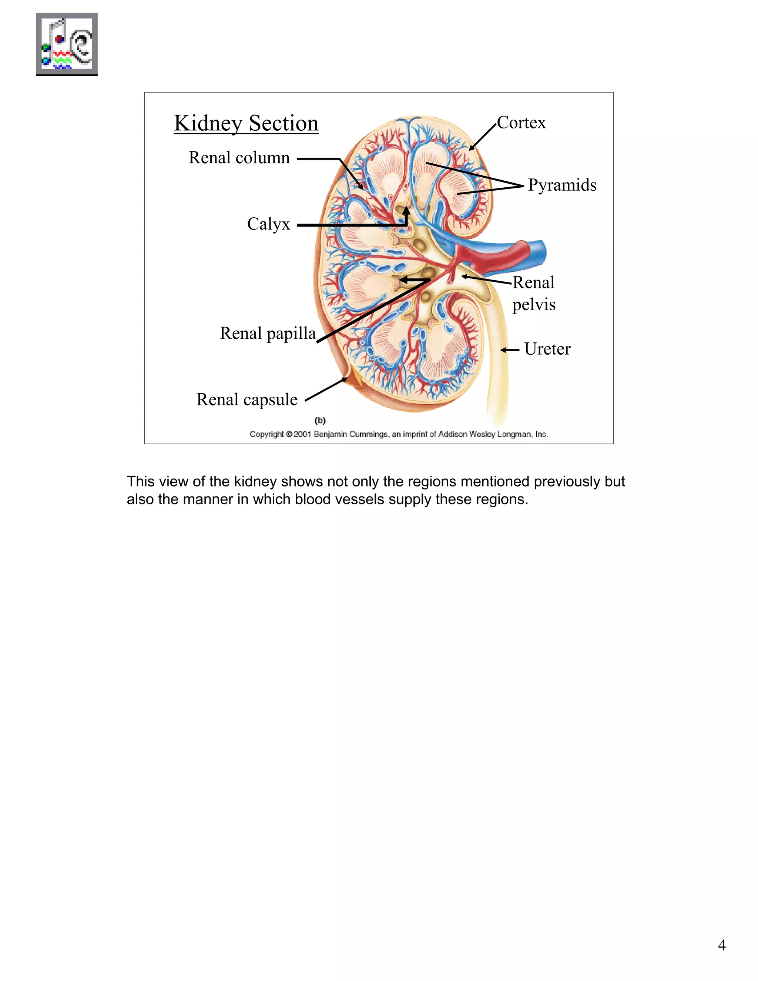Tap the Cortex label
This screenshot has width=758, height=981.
[x=521, y=123]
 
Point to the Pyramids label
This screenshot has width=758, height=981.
[x=562, y=185]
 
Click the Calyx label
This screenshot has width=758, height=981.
[x=269, y=224]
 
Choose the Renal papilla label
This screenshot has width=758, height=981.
[x=268, y=333]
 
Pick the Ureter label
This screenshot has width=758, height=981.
[x=547, y=349]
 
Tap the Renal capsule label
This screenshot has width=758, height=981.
[x=247, y=399]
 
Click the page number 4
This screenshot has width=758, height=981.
[x=722, y=945]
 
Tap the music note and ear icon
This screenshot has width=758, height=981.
[x=67, y=44]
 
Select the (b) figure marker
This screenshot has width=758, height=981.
[x=320, y=421]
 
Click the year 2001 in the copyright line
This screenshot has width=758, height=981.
[x=303, y=434]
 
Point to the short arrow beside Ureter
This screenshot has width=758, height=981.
[x=509, y=350]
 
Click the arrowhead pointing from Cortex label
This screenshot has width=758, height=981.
[x=472, y=148]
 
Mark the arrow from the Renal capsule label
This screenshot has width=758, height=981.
[x=326, y=389]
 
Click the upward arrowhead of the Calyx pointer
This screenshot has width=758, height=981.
[x=406, y=210]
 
